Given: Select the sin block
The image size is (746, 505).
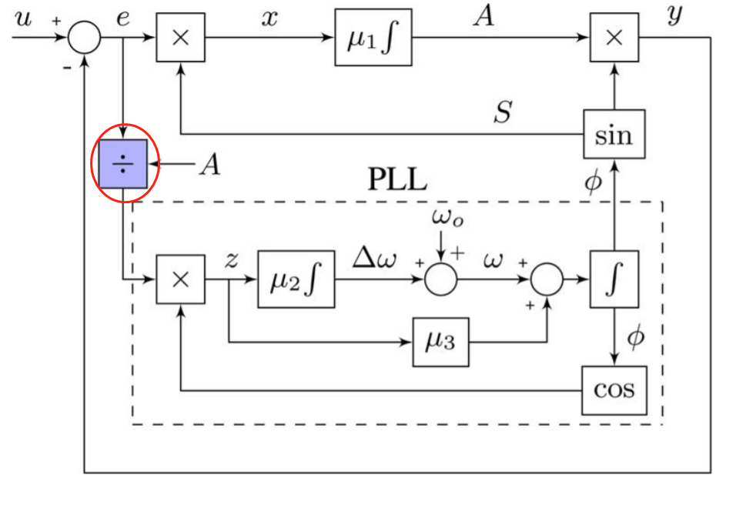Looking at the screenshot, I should [614, 134].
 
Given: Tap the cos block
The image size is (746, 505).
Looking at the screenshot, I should [614, 390].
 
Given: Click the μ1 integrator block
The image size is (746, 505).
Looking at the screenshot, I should [373, 38].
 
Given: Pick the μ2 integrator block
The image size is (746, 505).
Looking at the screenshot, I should [296, 279].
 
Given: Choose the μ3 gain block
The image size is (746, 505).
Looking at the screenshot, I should [440, 341].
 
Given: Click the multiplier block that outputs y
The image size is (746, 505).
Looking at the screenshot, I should [614, 38].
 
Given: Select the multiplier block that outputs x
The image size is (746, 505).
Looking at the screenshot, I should [180, 38].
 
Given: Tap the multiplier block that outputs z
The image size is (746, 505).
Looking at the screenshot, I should [180, 279].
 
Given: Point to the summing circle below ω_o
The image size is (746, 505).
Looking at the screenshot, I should [440, 279].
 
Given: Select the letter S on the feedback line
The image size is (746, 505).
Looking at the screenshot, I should [502, 113].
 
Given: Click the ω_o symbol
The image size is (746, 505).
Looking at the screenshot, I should [447, 219].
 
